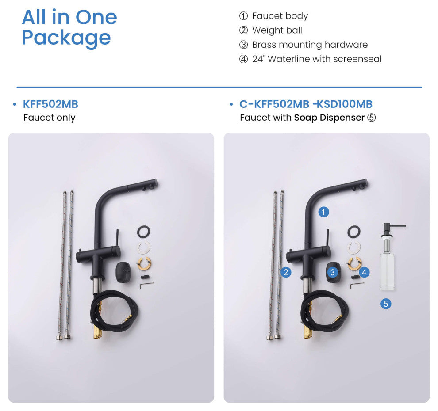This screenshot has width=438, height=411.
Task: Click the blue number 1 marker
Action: [x=323, y=212]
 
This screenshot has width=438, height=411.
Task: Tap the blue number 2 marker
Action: [x=286, y=272]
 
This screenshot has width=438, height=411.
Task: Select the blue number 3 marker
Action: [x=332, y=272]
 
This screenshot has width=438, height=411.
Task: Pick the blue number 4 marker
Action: [x=364, y=272]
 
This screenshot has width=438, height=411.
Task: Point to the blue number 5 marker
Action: [x=386, y=304]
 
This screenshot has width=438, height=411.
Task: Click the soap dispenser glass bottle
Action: [x=387, y=271]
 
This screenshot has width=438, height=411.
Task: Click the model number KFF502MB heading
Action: [x=50, y=104]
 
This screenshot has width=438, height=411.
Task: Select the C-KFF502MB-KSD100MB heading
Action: [x=306, y=104]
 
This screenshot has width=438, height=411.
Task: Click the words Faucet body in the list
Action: [x=280, y=16]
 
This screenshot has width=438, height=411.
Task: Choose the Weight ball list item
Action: [x=277, y=30]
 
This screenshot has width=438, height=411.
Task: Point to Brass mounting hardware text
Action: [x=310, y=45]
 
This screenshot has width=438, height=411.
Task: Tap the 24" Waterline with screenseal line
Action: [x=317, y=59]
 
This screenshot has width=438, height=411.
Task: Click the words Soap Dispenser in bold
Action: [x=329, y=118]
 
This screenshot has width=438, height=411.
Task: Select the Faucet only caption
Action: [x=49, y=118]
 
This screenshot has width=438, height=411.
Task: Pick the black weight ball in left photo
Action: [x=123, y=272]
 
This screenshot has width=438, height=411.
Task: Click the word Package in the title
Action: [x=66, y=38]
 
